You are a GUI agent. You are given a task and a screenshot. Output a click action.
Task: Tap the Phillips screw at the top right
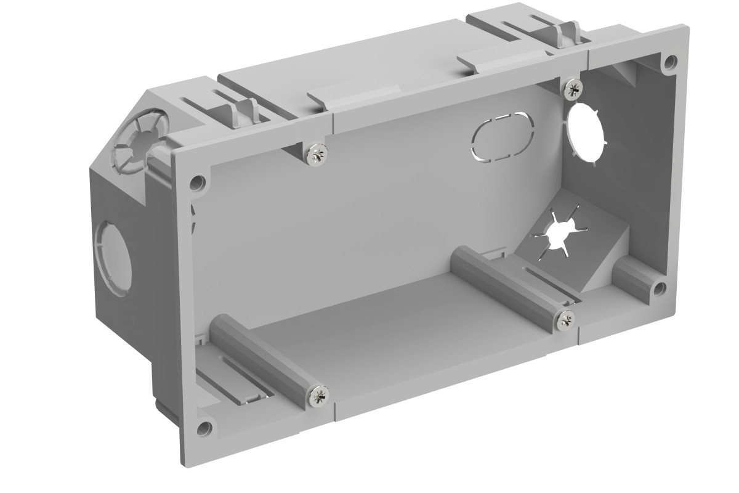[571, 88]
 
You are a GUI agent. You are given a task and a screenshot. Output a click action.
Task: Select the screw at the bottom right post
[565, 319]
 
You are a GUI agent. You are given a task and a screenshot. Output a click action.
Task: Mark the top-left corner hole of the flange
[198, 182]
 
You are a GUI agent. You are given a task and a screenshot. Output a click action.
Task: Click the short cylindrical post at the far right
[634, 277]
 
